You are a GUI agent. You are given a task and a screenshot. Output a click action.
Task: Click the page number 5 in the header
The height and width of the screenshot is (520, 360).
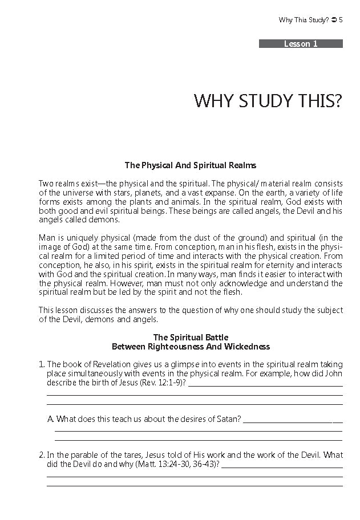coord(341,20)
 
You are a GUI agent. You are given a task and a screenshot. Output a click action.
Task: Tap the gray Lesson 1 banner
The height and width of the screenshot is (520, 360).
coord(301,44)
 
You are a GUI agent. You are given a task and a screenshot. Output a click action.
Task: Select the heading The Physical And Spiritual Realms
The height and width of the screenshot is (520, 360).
coord(191,165)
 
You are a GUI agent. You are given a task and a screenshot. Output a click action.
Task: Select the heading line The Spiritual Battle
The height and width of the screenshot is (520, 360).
coord(191,338)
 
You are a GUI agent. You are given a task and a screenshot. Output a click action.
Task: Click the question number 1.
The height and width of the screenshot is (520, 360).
coord(41,364)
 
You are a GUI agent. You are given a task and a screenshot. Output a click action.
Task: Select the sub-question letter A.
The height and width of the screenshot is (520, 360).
coord(50,419)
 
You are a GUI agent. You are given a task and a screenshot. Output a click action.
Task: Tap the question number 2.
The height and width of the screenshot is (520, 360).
coord(41,455)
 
